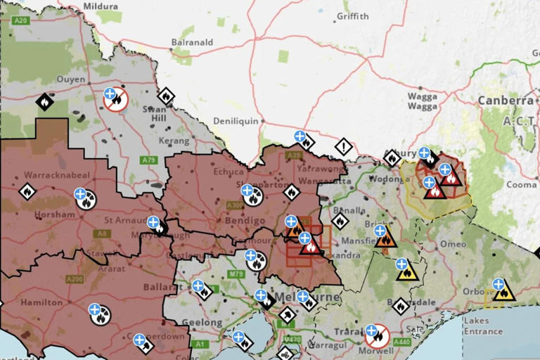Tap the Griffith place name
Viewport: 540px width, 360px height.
tap(352, 15)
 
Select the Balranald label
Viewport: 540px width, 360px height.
tap(192, 42)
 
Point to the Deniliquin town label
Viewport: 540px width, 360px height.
tap(236, 120)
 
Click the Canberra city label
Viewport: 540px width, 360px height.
tap(506, 101)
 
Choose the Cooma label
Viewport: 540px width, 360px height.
tap(522, 185)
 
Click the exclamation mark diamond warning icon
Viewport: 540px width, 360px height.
tap(343, 147)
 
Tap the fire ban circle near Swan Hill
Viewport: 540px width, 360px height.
tap(115, 101)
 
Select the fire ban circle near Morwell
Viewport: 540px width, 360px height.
tap(378, 335)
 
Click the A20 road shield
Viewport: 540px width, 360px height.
tap(21, 21)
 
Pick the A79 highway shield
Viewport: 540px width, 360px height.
tap(148, 160)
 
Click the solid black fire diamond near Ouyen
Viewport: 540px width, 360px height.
tap(44, 103)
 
